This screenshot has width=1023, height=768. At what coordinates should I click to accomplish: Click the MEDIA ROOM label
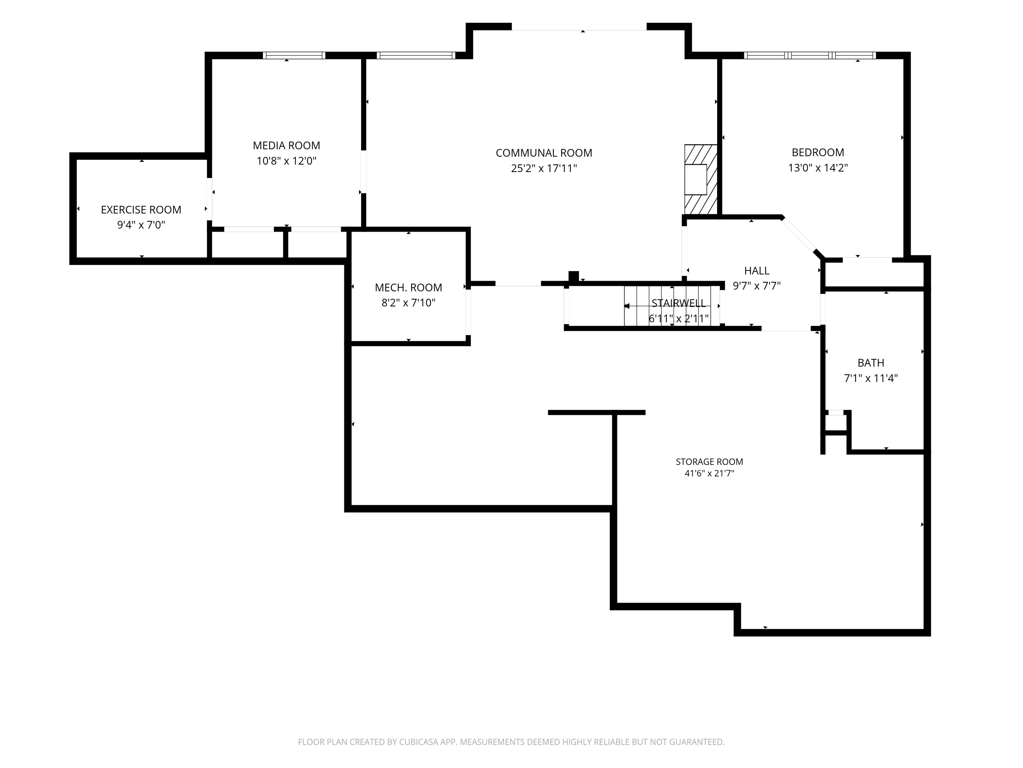pos(286,145)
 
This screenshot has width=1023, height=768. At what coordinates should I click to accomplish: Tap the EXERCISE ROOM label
pos(141,210)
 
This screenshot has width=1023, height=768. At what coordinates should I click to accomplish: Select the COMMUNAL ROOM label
pos(544,153)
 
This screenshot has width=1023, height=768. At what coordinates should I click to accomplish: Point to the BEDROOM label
pos(818,152)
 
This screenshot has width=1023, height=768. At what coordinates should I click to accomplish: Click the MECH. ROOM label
pos(409,287)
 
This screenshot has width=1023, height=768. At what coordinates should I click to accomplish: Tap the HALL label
pos(757,270)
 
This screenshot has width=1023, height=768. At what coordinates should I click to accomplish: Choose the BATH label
pos(871,363)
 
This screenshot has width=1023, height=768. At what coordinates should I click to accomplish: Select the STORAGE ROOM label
pos(709,461)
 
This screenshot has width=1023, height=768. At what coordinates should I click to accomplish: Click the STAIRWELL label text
pos(679,303)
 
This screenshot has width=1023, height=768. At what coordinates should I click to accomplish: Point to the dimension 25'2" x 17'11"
pos(544,168)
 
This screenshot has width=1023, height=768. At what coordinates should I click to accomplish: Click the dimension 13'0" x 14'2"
pos(818,168)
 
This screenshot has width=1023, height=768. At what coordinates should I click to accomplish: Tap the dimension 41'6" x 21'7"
pos(709,473)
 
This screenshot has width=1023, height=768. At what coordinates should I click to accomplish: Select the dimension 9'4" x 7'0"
pos(141,225)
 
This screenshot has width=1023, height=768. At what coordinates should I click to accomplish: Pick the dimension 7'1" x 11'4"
pos(871,378)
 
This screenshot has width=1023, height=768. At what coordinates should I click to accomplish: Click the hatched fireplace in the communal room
pos(701,180)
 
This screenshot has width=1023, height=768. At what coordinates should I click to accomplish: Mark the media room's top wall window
pos(294,56)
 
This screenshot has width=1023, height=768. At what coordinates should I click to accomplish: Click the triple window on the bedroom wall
pos(810,56)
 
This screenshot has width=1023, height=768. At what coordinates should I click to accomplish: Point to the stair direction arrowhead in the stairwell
pos(627,306)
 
